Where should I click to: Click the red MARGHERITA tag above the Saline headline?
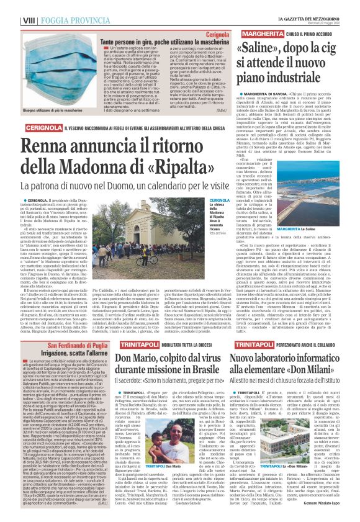(261, 30)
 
